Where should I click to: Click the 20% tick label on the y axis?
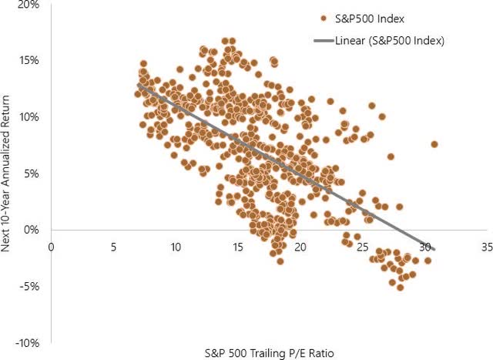point(29,5)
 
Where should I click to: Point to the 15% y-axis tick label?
point(29,60)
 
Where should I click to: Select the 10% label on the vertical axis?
point(29,117)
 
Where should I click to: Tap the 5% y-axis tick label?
point(32,173)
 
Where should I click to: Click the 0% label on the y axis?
point(32,230)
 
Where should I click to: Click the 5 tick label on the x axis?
point(113,247)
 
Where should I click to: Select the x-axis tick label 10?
point(176,247)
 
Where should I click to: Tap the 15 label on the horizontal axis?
point(237,247)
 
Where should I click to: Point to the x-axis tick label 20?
point(300,247)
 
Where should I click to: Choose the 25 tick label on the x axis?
point(362,247)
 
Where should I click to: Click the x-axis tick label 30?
point(424,247)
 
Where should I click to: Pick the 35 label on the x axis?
point(486,247)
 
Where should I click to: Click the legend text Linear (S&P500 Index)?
point(391,39)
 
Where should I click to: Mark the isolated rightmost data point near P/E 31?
point(434,144)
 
